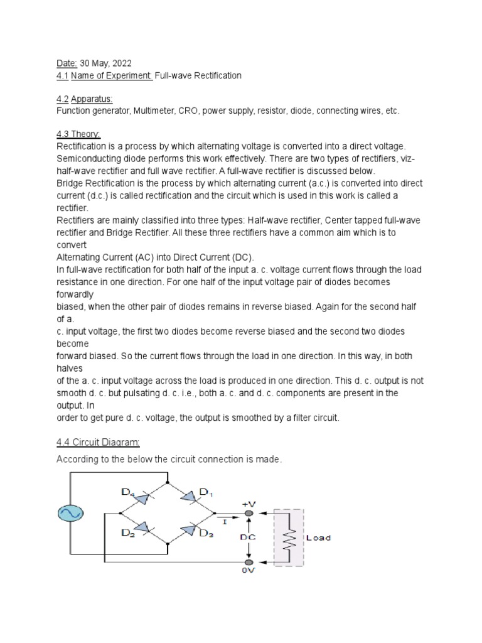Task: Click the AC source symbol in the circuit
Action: pyautogui.click(x=68, y=514)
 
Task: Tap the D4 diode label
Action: pyautogui.click(x=129, y=493)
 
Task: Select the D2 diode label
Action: pyautogui.click(x=129, y=533)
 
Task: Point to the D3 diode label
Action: pyautogui.click(x=206, y=533)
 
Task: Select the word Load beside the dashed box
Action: pyautogui.click(x=318, y=538)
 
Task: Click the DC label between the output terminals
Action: pyautogui.click(x=249, y=538)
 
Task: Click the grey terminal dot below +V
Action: pyautogui.click(x=249, y=513)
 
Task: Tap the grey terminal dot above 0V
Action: pyautogui.click(x=249, y=562)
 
